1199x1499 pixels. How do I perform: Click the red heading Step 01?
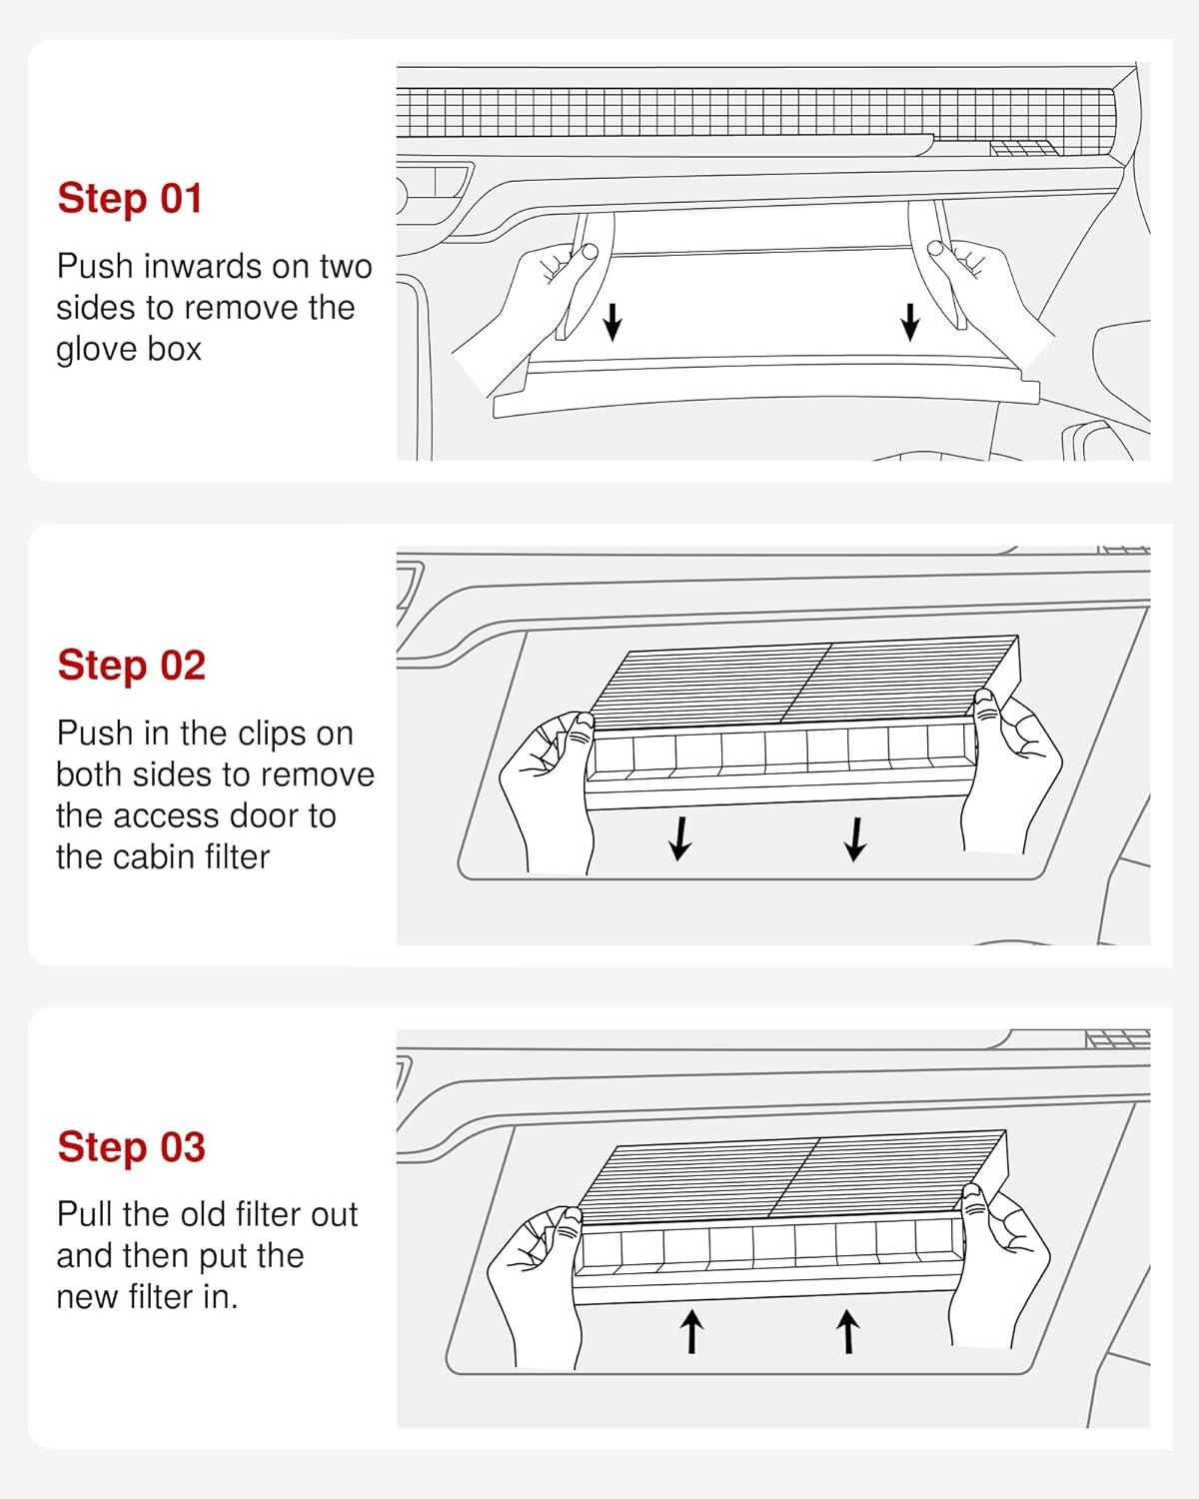[130, 199]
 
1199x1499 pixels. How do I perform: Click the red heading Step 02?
[132, 666]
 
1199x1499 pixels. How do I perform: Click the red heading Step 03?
[132, 1147]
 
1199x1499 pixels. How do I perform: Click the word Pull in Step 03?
[85, 1214]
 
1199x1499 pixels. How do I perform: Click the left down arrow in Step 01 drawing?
[612, 322]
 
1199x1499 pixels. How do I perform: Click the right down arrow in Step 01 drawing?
[910, 322]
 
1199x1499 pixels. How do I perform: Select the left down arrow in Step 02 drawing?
[680, 838]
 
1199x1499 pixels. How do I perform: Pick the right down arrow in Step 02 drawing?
[855, 839]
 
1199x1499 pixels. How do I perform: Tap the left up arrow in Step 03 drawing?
[691, 1331]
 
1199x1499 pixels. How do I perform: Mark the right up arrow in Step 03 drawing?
[848, 1331]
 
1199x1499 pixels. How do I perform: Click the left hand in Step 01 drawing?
[530, 317]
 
